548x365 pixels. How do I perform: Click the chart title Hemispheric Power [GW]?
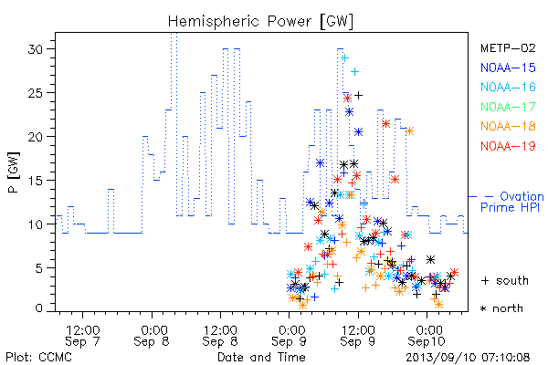260,22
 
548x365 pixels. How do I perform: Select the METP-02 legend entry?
508,47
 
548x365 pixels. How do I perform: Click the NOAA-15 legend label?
508,68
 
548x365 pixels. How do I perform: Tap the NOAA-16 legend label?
508,87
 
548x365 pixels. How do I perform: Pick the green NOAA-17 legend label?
508,107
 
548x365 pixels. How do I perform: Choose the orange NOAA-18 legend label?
508,126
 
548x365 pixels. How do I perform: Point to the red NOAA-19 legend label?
508,146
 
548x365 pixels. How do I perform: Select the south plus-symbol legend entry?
505,280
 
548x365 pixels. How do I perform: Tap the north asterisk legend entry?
501,308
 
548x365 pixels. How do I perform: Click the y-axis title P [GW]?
14,172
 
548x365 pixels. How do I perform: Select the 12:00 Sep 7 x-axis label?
82,336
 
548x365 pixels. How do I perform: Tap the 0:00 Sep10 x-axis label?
427,336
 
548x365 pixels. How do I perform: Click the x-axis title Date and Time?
261,358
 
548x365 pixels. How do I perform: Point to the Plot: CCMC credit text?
38,358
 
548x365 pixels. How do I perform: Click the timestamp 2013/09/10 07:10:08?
468,358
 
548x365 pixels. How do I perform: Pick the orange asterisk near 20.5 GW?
409,131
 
